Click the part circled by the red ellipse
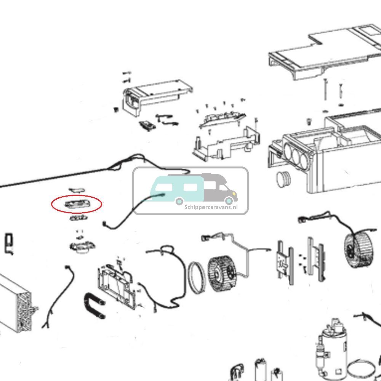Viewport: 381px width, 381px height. (77, 204)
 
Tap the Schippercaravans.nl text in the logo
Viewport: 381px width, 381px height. (211, 207)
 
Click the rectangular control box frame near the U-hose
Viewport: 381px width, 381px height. (116, 284)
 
